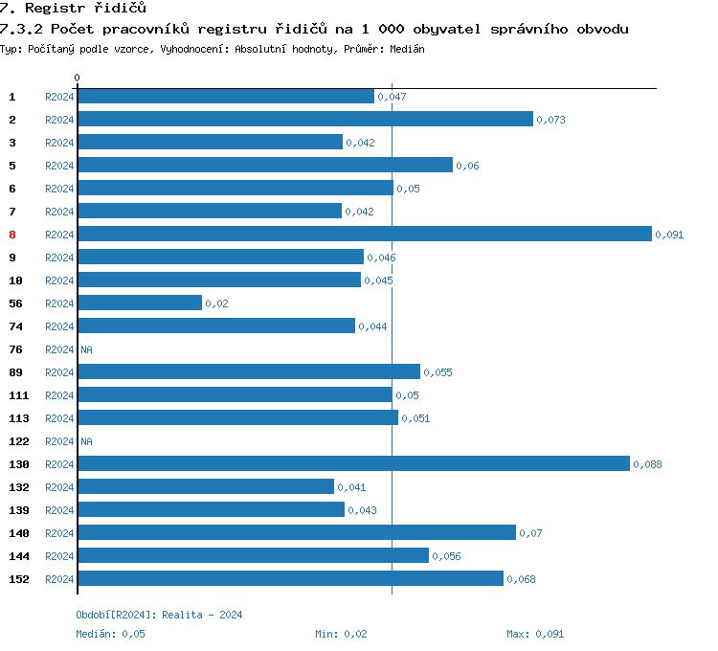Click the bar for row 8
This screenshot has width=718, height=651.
364,234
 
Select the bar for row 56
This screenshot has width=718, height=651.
140,303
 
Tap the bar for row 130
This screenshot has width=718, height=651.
353,463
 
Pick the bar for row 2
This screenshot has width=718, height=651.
304,119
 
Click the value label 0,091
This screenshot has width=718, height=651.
669,235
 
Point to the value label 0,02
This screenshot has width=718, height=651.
216,303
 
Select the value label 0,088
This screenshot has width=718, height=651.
647,464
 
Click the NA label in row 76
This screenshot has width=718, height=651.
86,349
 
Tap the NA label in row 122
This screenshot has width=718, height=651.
86,441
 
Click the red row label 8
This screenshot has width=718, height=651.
12,235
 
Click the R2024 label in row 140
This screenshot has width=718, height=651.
59,533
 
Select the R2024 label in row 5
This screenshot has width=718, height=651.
59,166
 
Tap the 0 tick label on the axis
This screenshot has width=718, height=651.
78,78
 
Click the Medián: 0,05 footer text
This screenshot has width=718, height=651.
110,634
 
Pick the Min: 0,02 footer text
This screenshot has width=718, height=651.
341,634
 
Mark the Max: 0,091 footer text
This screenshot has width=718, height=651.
535,634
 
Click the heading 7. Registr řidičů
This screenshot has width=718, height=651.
73,8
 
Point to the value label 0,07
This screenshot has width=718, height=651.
530,533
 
